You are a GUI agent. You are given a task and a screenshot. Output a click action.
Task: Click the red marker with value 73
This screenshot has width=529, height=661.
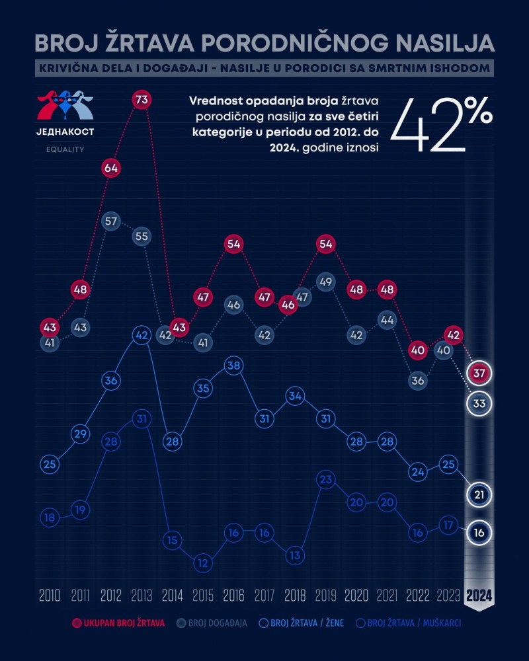click(x=141, y=100)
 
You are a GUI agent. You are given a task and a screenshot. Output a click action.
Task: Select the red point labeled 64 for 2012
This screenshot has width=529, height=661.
click(x=111, y=168)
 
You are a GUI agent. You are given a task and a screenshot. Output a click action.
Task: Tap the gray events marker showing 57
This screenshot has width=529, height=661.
click(x=111, y=221)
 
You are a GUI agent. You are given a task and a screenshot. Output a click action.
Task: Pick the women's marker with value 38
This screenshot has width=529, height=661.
click(x=232, y=366)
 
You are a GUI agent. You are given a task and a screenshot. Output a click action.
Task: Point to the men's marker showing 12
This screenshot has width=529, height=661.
click(x=202, y=563)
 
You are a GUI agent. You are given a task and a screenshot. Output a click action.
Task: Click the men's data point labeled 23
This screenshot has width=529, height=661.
click(x=324, y=480)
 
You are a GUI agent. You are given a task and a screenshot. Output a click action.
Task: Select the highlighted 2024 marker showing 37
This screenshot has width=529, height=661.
click(x=479, y=373)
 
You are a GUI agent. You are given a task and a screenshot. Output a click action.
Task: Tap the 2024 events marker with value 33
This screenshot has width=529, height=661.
click(x=479, y=403)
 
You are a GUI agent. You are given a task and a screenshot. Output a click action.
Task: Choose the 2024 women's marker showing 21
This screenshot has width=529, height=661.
click(x=479, y=494)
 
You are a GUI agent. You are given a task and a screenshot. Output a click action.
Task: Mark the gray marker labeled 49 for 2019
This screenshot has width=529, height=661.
click(x=324, y=282)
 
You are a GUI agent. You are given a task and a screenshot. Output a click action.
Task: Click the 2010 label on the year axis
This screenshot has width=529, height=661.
click(x=50, y=595)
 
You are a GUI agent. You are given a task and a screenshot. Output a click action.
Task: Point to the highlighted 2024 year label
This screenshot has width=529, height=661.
click(x=479, y=595)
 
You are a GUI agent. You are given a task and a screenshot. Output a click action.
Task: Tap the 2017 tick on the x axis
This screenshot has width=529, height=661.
click(x=263, y=595)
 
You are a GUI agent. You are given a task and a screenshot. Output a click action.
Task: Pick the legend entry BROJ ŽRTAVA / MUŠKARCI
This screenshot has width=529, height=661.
click(x=408, y=623)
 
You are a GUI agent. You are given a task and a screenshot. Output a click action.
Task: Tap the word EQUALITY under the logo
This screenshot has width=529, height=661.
click(x=65, y=149)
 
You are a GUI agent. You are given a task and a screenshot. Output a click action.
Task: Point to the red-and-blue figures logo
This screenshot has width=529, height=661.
click(x=65, y=104)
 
